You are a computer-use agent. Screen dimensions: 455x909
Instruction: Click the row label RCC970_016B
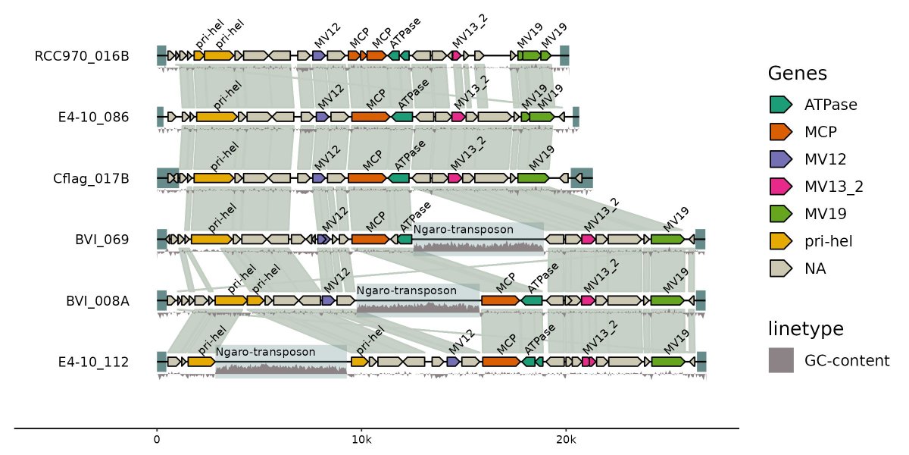(82, 56)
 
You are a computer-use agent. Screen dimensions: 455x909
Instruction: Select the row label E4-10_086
(93, 118)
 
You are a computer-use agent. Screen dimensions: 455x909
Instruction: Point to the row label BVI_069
(102, 240)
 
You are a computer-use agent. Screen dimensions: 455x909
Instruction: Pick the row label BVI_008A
(97, 301)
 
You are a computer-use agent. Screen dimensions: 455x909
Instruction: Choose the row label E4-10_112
(93, 362)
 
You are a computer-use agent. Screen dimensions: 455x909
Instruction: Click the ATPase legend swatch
(780, 105)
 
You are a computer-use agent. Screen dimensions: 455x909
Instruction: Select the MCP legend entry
(820, 132)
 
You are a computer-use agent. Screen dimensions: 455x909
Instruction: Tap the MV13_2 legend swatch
(780, 187)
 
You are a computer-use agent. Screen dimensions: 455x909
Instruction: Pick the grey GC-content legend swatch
(781, 360)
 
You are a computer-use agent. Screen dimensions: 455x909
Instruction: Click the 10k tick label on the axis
(361, 440)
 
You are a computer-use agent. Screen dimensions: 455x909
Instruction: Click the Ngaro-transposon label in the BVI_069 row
(464, 230)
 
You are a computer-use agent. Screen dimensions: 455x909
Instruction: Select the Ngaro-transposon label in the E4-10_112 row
(265, 352)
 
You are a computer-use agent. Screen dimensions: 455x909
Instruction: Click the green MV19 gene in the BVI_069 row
(667, 240)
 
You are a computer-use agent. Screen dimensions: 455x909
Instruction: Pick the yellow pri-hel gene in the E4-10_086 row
(216, 117)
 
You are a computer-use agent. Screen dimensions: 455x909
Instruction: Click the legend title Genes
(797, 74)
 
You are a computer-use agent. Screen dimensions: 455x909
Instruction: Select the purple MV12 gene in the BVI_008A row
(328, 301)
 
